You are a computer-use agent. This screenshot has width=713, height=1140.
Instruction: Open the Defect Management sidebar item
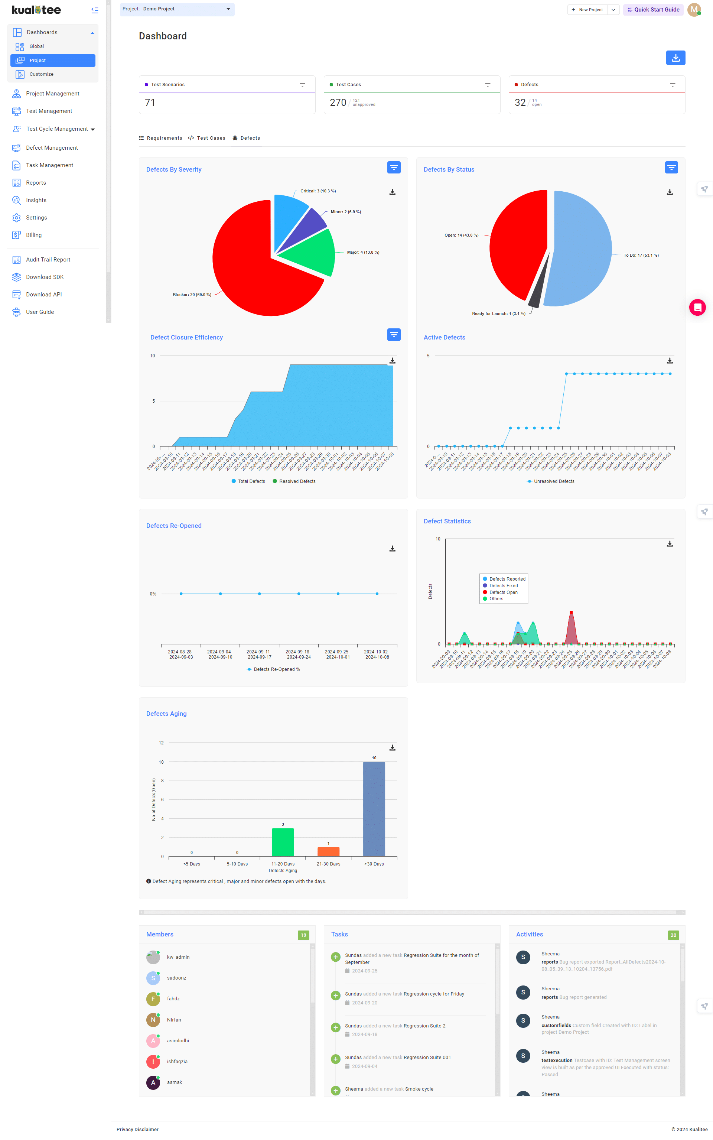pos(51,147)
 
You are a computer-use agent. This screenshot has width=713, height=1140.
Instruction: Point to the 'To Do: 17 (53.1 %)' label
pos(641,255)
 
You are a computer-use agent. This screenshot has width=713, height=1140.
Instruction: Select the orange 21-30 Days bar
pos(328,851)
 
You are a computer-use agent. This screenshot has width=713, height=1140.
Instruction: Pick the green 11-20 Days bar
pos(283,842)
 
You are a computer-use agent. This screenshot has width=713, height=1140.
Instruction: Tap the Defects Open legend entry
pos(503,592)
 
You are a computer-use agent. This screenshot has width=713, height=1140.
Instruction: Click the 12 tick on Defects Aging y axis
pos(161,743)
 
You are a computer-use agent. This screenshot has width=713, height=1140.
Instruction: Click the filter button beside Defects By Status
pos(671,168)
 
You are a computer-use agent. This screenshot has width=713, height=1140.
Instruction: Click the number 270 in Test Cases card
pos(338,103)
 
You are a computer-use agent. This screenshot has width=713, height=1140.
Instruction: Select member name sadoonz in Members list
pos(176,978)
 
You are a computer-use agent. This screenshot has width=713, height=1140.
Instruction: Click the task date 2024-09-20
pos(365,1003)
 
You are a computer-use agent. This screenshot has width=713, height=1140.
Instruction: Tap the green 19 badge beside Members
pos(303,935)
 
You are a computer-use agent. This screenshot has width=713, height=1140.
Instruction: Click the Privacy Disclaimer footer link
pos(137,1129)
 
